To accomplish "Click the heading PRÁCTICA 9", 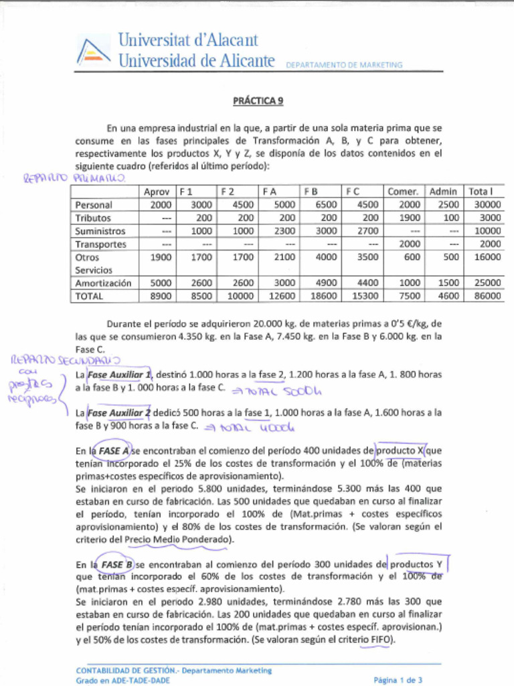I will (258, 101).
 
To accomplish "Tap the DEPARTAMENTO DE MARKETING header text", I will (344, 65).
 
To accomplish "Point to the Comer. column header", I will (403, 192).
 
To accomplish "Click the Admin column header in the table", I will (443, 192).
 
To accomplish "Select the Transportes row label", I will (100, 244).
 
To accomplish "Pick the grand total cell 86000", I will (488, 295).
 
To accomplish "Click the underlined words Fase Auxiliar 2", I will (120, 413).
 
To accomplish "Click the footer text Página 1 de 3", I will (398, 680).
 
